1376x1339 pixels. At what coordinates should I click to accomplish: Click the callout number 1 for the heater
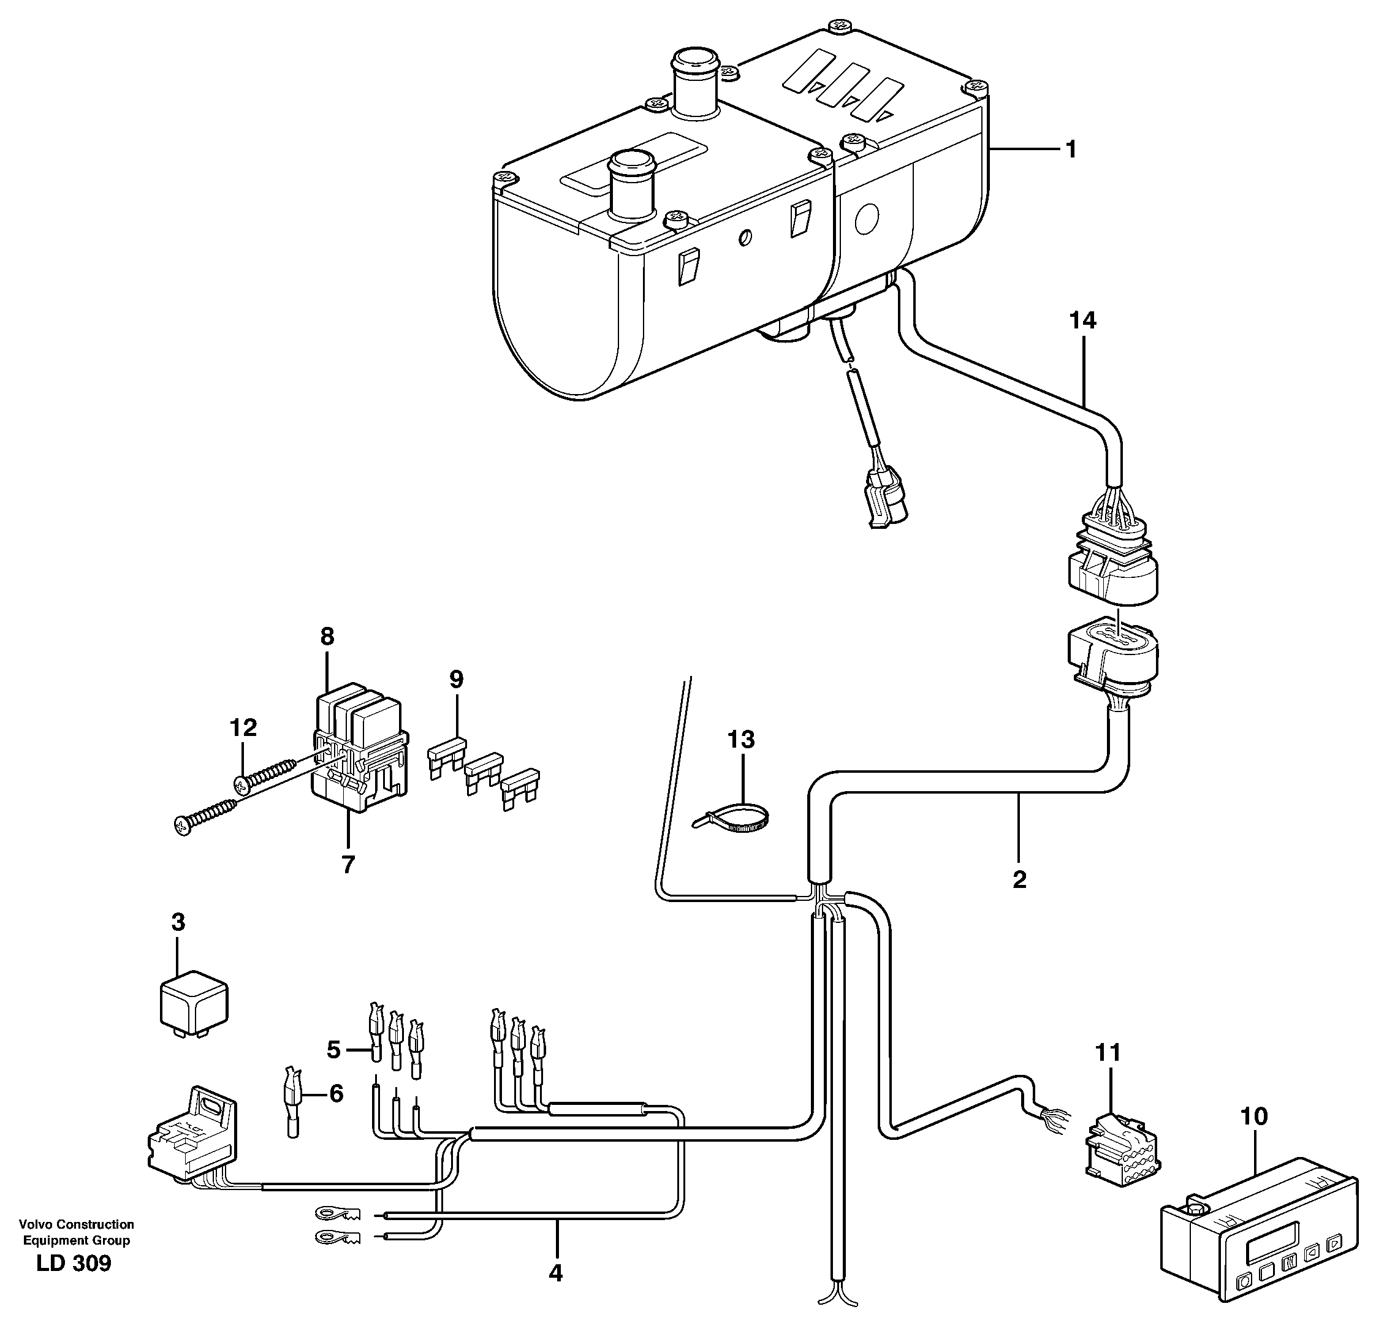(x=1070, y=150)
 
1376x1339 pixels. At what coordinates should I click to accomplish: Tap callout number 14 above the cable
(x=1082, y=321)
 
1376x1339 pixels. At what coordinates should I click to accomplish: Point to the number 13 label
(x=741, y=739)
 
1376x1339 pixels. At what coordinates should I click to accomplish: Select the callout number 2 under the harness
(x=1019, y=879)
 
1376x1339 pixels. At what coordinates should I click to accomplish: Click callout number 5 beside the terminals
(x=333, y=1050)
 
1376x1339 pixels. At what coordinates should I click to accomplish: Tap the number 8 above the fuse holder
(x=327, y=637)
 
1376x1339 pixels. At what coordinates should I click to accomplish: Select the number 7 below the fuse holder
(x=348, y=864)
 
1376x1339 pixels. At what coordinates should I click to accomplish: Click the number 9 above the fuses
(x=457, y=680)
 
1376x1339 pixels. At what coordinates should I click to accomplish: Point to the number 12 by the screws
(x=243, y=727)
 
